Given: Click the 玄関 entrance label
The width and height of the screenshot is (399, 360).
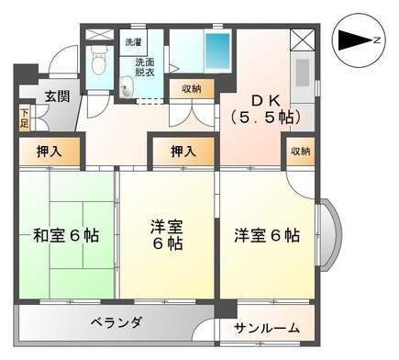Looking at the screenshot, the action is pyautogui.click(x=58, y=96).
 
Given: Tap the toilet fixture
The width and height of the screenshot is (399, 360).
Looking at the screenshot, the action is pyautogui.click(x=98, y=62).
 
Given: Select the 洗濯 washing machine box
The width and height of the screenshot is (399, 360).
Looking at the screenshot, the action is pyautogui.click(x=133, y=42).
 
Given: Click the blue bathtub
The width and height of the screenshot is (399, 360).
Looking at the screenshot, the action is pyautogui.click(x=217, y=51).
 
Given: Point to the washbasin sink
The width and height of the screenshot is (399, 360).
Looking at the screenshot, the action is pyautogui.click(x=127, y=87).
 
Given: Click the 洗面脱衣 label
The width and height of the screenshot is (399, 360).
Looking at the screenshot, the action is pyautogui.click(x=145, y=67).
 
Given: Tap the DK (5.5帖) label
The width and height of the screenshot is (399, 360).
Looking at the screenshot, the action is pyautogui.click(x=265, y=109).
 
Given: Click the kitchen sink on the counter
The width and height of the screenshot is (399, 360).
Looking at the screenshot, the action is pyautogui.click(x=303, y=73).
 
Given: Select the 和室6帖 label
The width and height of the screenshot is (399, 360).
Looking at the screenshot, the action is pyautogui.click(x=66, y=236).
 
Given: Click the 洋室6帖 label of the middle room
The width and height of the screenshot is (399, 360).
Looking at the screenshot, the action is pyautogui.click(x=167, y=235).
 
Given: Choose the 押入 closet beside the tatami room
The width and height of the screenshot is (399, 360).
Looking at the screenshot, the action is pyautogui.click(x=50, y=152).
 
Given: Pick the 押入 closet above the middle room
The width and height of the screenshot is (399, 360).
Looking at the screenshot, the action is pyautogui.click(x=183, y=152).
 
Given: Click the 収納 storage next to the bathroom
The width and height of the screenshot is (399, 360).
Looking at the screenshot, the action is pyautogui.click(x=192, y=89).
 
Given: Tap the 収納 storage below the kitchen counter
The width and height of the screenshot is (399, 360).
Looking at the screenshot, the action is pyautogui.click(x=301, y=152).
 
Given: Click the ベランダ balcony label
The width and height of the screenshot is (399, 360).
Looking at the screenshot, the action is pyautogui.click(x=116, y=322).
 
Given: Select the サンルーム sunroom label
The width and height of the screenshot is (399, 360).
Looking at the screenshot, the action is pyautogui.click(x=267, y=329).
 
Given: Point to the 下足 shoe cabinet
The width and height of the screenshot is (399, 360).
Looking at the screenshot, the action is pyautogui.click(x=24, y=118).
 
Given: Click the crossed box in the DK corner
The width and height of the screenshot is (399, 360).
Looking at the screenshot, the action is pyautogui.click(x=303, y=39).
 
